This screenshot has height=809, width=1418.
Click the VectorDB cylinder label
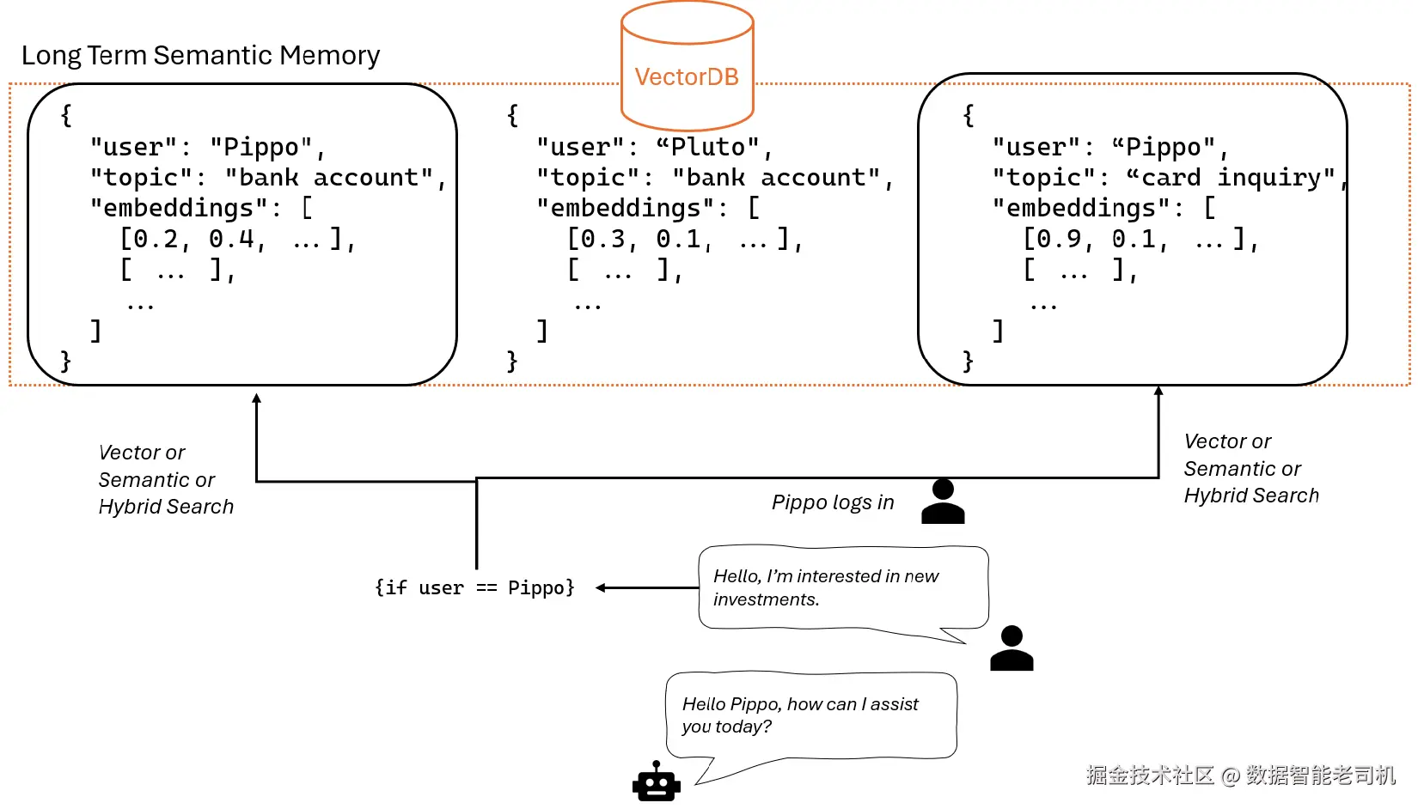click(687, 77)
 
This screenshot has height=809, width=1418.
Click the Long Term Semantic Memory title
click(200, 56)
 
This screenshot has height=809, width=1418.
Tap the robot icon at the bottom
click(657, 782)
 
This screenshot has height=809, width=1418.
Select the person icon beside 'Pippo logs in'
click(943, 502)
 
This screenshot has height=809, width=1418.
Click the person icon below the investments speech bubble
click(1012, 649)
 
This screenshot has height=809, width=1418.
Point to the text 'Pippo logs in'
click(833, 502)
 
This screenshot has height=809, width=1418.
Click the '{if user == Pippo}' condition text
click(474, 588)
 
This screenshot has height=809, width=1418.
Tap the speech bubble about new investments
click(842, 588)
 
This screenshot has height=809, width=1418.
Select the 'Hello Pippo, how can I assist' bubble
click(810, 715)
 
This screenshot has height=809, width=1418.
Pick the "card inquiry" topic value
click(1231, 178)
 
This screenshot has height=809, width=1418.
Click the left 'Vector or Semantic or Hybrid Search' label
click(166, 480)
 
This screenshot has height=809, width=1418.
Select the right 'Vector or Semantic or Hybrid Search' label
click(1250, 469)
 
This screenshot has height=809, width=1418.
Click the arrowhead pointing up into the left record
click(256, 398)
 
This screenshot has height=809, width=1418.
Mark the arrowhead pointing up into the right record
click(1158, 391)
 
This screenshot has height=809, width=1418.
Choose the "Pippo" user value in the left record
click(260, 148)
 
